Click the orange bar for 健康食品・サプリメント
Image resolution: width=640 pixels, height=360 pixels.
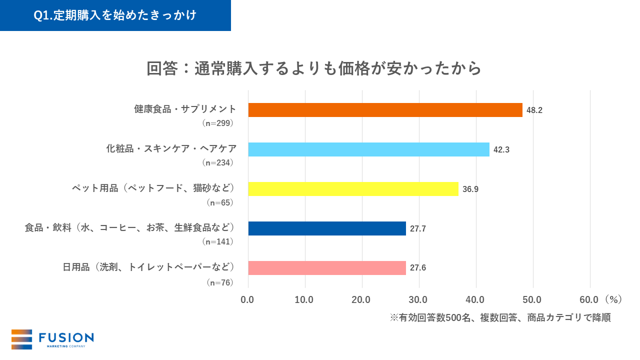(x=385, y=110)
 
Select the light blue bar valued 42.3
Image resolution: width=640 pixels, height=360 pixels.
(x=368, y=149)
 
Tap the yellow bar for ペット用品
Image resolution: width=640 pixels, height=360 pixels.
(x=353, y=188)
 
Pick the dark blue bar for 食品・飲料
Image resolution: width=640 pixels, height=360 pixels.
(x=327, y=228)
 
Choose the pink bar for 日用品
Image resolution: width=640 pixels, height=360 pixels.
(x=327, y=267)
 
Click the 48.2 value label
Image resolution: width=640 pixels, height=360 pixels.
(x=534, y=110)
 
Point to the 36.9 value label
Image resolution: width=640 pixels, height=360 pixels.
(x=470, y=189)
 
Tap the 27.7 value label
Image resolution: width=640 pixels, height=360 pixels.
(x=418, y=228)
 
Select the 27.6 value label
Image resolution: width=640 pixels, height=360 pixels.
(x=418, y=268)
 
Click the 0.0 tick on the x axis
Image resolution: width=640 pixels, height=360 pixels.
(x=247, y=299)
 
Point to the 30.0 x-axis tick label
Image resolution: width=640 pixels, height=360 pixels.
(x=418, y=299)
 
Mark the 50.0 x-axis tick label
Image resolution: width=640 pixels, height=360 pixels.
(x=532, y=299)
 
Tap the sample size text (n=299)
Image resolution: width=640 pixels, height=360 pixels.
(x=217, y=122)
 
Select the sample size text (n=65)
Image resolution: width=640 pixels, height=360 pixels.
(x=220, y=202)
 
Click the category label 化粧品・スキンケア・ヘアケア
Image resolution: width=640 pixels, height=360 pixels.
(x=171, y=149)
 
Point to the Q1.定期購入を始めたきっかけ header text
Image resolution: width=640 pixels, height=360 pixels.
(x=115, y=15)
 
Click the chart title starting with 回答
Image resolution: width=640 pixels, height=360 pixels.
(x=314, y=68)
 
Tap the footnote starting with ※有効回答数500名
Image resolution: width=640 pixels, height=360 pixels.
(x=500, y=317)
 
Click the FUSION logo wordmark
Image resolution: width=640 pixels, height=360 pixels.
(x=66, y=337)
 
